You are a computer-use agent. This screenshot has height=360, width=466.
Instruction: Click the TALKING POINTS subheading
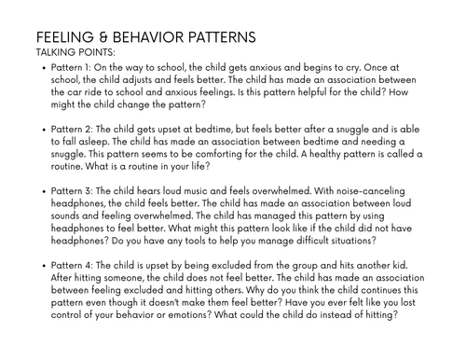tap(75, 53)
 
